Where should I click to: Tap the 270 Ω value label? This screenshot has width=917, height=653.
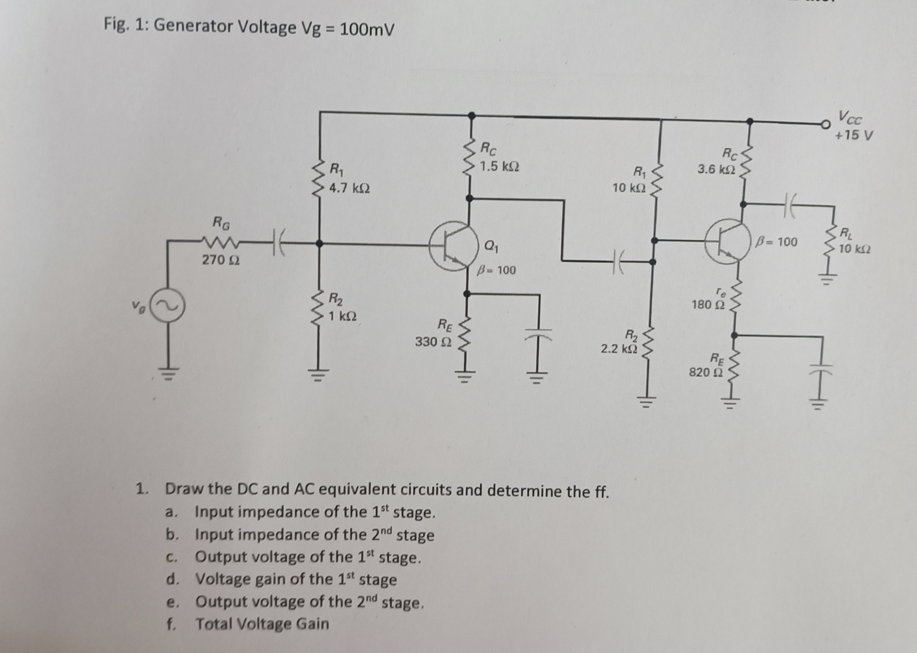[221, 260]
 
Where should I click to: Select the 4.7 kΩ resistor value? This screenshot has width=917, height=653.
[349, 188]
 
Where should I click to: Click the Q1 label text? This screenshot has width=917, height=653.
[491, 246]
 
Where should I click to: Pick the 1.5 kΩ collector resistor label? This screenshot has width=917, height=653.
[500, 167]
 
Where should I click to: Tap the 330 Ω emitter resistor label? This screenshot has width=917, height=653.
[433, 341]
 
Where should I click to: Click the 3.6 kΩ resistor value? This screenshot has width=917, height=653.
[716, 169]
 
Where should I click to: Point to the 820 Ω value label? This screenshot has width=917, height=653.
[705, 373]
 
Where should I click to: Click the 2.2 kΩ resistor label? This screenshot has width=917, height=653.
[619, 349]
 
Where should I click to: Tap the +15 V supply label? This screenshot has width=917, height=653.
[854, 135]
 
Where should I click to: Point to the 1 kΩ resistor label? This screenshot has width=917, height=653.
[342, 317]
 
